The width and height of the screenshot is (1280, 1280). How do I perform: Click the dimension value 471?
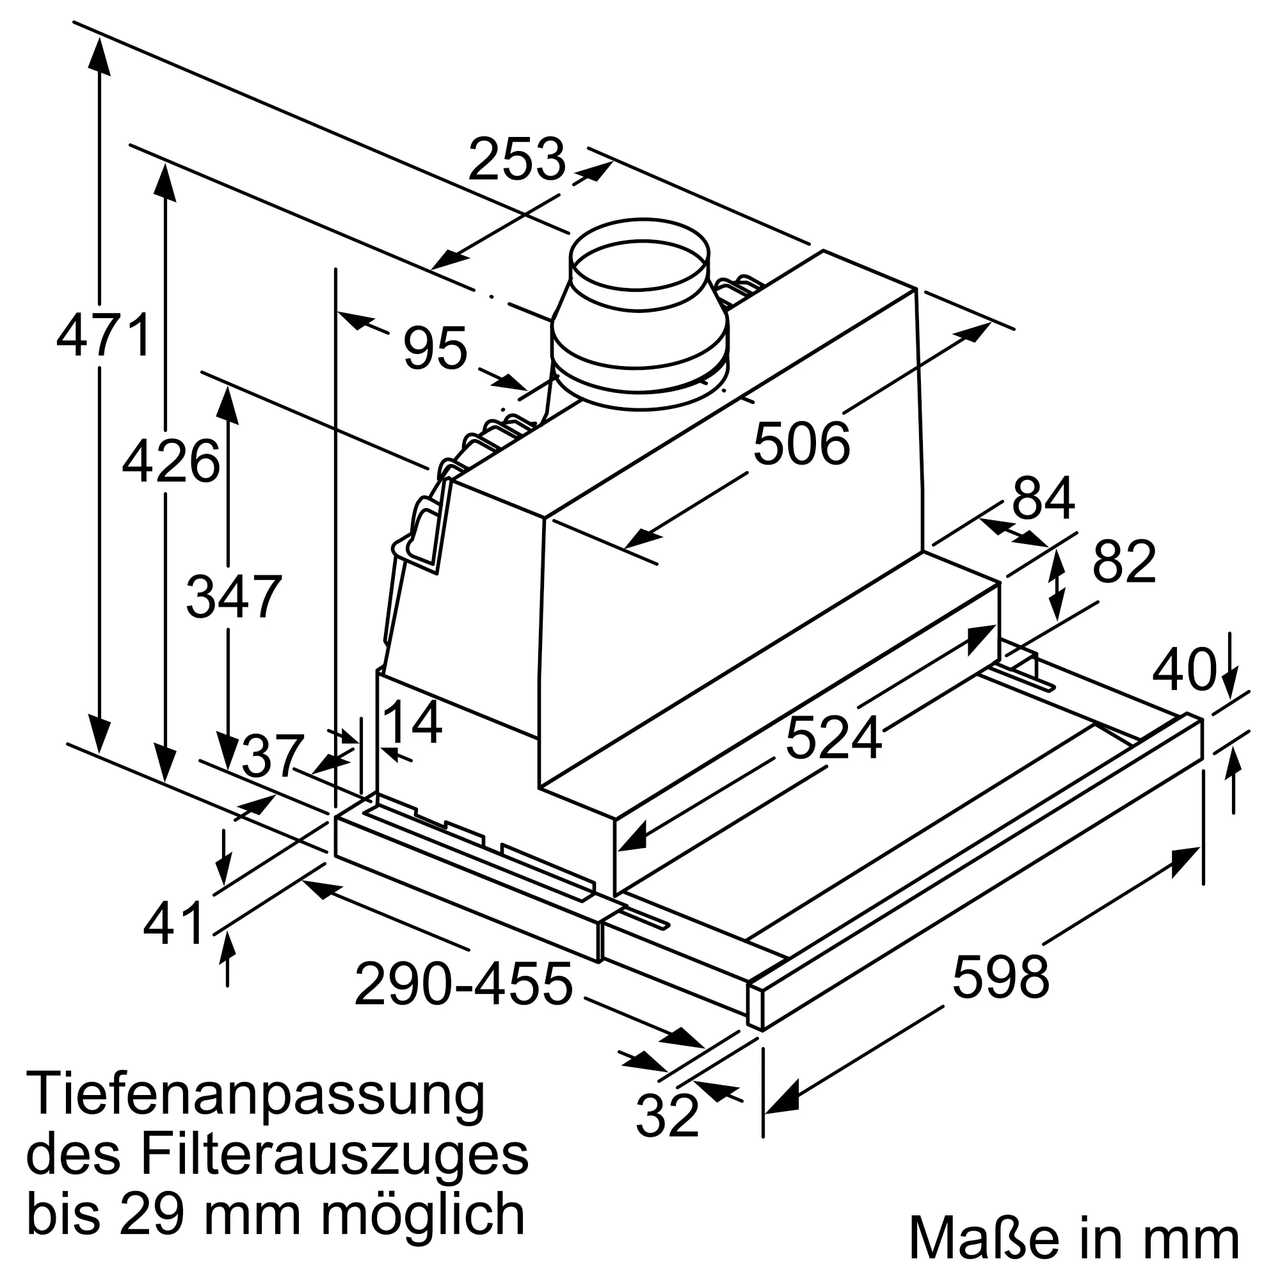coord(104,337)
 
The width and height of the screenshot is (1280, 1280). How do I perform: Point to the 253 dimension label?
coord(516,159)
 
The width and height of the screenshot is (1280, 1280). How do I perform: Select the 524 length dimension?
coord(833,738)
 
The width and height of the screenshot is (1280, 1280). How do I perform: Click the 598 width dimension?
coord(1000,977)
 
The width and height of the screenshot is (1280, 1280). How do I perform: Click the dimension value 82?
coord(1124,563)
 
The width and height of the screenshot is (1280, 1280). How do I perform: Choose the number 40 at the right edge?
coord(1184,670)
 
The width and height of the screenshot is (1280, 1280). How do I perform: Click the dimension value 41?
coord(173,924)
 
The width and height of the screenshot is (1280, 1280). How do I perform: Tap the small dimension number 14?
coord(412,723)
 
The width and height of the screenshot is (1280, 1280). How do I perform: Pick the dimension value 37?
coord(271,756)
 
